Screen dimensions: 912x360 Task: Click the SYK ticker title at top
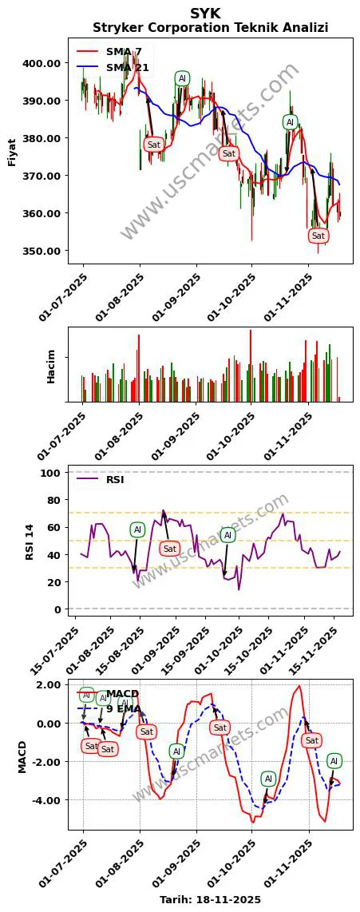click(205, 13)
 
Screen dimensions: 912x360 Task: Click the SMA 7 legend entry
click(124, 52)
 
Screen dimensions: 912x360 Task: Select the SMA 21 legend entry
click(127, 68)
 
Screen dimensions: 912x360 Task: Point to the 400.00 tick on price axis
click(44, 63)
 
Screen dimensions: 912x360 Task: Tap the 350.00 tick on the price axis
click(44, 251)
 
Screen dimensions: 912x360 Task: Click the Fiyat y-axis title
click(12, 153)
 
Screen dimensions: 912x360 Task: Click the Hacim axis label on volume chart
click(51, 366)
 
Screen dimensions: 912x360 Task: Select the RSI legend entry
click(114, 480)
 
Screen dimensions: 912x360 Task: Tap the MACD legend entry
click(122, 692)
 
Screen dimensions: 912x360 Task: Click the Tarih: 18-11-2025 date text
click(210, 899)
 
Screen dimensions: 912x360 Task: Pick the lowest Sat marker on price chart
click(318, 236)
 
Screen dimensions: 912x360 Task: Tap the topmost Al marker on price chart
click(182, 78)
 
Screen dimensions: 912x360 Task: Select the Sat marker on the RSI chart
click(169, 549)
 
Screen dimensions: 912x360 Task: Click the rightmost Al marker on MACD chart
click(334, 761)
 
